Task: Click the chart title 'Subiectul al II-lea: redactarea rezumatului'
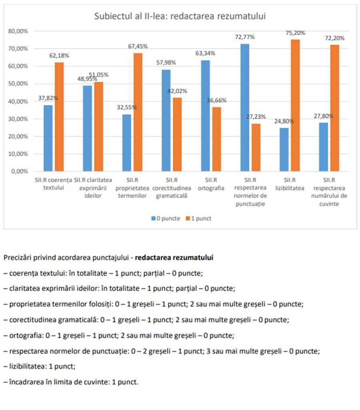pyautogui.click(x=180, y=16)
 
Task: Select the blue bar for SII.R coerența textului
pyautogui.click(x=48, y=138)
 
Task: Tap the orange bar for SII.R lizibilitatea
pyautogui.click(x=295, y=105)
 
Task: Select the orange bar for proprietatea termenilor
pyautogui.click(x=138, y=112)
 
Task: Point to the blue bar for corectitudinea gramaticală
pyautogui.click(x=166, y=120)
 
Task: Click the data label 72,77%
pyautogui.click(x=245, y=37)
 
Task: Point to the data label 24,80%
pyautogui.click(x=284, y=121)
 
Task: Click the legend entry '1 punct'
pyautogui.click(x=199, y=218)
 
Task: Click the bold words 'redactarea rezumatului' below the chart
pyautogui.click(x=174, y=258)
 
